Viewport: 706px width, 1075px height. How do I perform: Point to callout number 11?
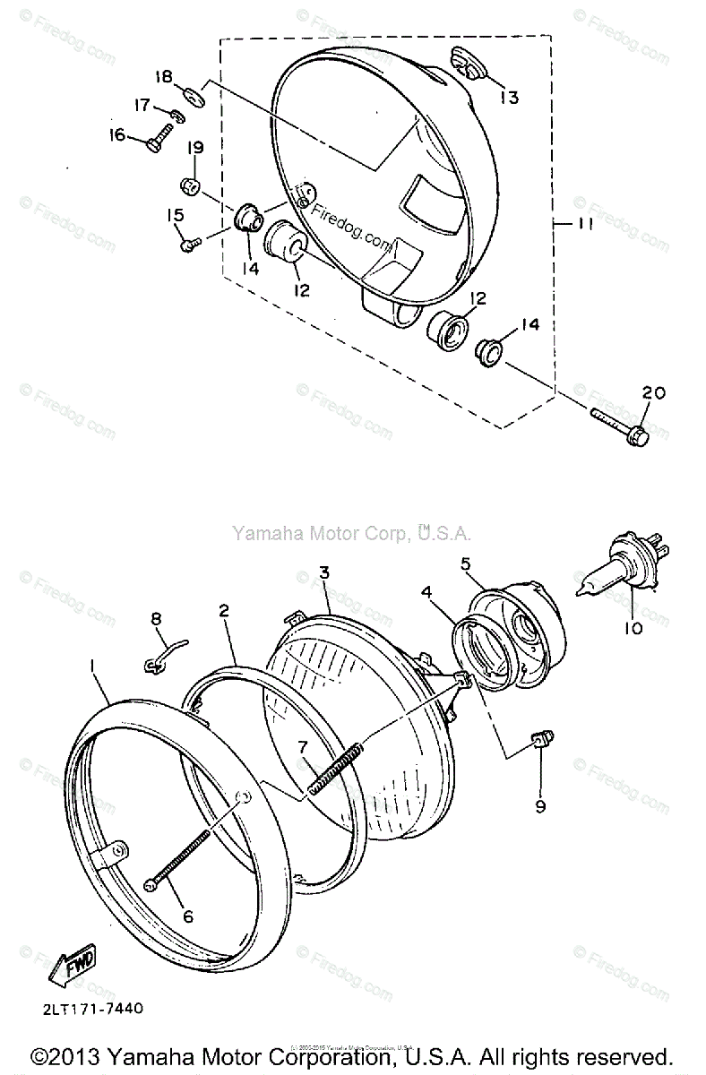click(583, 225)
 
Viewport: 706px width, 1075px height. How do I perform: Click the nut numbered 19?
click(189, 186)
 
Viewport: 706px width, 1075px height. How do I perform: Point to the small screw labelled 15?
click(186, 243)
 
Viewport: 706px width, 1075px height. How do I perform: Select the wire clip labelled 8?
click(159, 660)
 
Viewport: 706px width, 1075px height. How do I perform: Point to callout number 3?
click(325, 571)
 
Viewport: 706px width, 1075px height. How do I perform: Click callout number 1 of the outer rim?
click(91, 665)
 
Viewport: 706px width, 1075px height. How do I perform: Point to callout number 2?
click(224, 611)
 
